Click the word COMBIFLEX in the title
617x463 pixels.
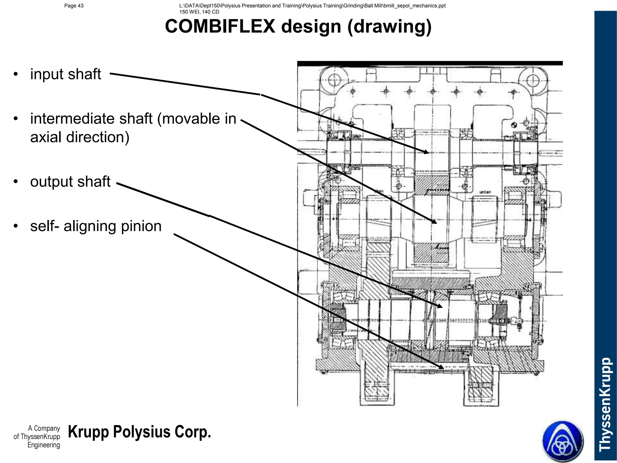tap(220, 27)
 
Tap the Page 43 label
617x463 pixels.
tap(74, 6)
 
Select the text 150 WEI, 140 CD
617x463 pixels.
tap(199, 12)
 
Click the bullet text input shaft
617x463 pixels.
tap(65, 74)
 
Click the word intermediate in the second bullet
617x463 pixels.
tap(91, 119)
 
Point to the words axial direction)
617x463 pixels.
tap(80, 137)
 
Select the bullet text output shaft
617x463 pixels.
tap(70, 182)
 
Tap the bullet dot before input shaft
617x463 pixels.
tap(16, 74)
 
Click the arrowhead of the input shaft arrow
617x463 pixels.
tap(426, 152)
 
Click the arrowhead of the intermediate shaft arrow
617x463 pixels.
tap(434, 222)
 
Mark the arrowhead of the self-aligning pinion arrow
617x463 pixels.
tap(441, 367)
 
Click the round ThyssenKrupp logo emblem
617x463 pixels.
tap(563, 441)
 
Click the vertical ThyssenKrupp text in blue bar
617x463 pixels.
tap(605, 404)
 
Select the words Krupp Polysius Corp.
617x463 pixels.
tap(139, 432)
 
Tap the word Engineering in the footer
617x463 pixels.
tap(44, 445)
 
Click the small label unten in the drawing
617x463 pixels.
tap(485, 192)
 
